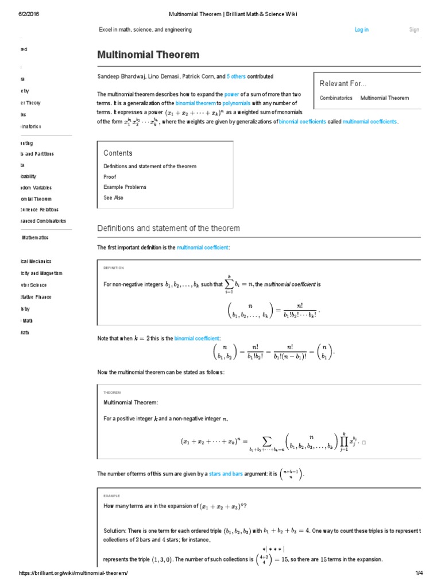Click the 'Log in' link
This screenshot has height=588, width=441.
click(x=362, y=30)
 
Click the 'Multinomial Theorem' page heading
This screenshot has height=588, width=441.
click(x=148, y=55)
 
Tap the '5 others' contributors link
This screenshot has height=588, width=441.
click(x=236, y=76)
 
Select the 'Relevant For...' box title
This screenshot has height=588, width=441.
click(x=343, y=84)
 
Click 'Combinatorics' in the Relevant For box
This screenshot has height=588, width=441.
click(x=336, y=98)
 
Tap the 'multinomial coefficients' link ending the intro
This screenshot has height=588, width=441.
click(x=370, y=122)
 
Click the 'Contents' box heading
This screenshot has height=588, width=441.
click(x=118, y=153)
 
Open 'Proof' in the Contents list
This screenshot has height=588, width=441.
click(x=110, y=177)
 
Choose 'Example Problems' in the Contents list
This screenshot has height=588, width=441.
click(x=125, y=187)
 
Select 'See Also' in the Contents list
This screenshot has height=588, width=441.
click(x=113, y=198)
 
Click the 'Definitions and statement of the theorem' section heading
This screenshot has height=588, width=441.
click(x=168, y=229)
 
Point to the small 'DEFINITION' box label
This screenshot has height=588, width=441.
click(x=113, y=268)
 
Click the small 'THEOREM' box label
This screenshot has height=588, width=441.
click(x=112, y=392)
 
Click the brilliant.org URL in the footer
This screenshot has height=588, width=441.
click(x=73, y=574)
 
